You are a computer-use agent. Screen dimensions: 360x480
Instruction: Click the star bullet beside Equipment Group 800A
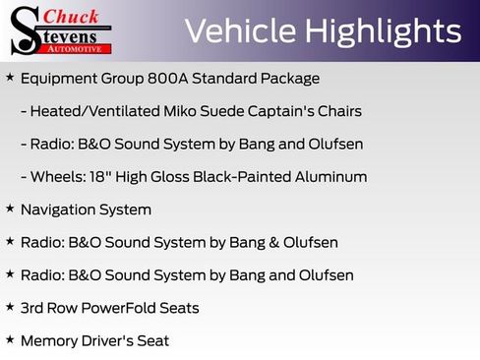pos(10,77)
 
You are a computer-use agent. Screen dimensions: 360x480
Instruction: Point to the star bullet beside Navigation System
pos(10,209)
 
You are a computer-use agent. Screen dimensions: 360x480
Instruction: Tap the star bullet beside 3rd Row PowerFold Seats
pos(10,307)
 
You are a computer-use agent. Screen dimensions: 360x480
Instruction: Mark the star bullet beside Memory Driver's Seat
pos(10,339)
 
